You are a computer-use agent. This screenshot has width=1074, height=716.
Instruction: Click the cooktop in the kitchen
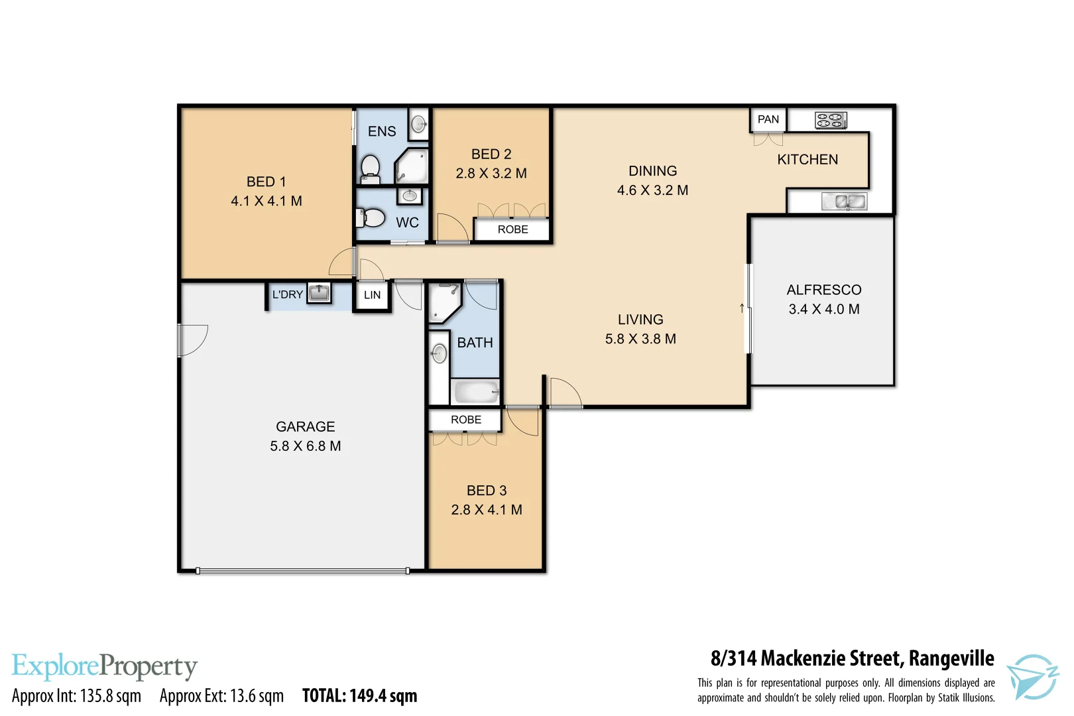click(x=831, y=121)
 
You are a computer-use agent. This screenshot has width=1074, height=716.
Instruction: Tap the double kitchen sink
click(x=844, y=202)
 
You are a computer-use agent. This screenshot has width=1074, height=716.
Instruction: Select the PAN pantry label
click(x=768, y=119)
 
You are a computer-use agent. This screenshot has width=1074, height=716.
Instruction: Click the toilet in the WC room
click(x=372, y=217)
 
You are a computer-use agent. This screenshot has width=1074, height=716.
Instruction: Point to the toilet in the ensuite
click(x=370, y=168)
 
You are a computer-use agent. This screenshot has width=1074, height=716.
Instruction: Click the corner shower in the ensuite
click(x=412, y=166)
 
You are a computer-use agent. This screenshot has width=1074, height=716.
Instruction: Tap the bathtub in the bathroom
click(x=475, y=392)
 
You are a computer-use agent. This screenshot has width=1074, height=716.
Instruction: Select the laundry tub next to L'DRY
click(x=319, y=292)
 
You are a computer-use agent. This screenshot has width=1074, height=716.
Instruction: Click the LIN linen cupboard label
click(x=372, y=295)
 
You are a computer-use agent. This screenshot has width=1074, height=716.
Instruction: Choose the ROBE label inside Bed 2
click(x=512, y=229)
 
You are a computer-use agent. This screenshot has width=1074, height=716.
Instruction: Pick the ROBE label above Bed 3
click(x=465, y=420)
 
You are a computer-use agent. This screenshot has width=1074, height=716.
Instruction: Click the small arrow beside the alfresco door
click(x=741, y=308)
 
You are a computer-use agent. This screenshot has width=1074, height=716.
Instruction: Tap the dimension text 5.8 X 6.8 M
click(x=305, y=446)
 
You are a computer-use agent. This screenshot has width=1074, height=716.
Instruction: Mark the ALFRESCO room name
click(x=823, y=290)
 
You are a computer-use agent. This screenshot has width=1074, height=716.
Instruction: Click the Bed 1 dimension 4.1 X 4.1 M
click(x=266, y=201)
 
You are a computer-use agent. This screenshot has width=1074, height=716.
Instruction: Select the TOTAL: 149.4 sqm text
click(x=359, y=695)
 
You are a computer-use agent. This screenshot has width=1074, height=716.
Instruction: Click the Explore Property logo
click(x=104, y=666)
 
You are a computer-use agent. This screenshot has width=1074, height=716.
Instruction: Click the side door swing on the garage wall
click(x=192, y=339)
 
